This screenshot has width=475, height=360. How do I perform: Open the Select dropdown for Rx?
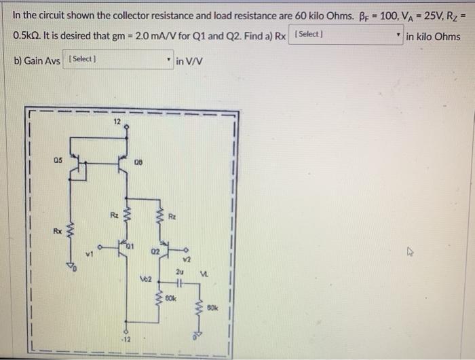(346, 35)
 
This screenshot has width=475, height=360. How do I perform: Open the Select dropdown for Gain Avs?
(119, 60)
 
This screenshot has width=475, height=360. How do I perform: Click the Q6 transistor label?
(138, 162)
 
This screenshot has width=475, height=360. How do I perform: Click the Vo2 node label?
(145, 279)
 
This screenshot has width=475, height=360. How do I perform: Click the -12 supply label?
(126, 338)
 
